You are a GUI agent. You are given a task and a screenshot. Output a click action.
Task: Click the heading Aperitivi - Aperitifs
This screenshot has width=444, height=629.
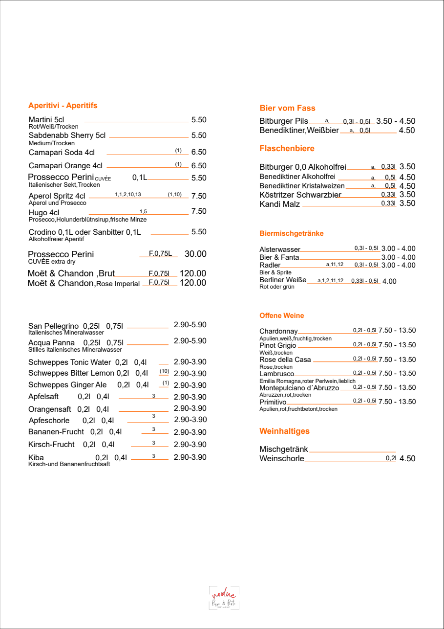pos(63,106)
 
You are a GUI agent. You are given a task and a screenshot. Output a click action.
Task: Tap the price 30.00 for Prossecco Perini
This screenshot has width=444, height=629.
pos(195,254)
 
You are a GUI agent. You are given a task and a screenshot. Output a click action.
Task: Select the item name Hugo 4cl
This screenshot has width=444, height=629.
pos(44,213)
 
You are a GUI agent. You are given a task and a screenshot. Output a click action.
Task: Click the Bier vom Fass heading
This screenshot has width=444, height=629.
pos(287,108)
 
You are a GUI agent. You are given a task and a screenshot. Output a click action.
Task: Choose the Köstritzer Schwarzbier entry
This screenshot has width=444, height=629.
pos(300,195)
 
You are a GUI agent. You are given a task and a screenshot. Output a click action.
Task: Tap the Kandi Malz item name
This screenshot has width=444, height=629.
pos(279,204)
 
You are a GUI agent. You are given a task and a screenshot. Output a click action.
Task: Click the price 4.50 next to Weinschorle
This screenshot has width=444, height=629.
pos(407,459)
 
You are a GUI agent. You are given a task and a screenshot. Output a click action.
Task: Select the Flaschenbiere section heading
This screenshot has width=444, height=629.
pos(287,148)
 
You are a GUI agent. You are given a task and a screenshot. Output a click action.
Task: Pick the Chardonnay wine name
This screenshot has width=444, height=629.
pos(278,331)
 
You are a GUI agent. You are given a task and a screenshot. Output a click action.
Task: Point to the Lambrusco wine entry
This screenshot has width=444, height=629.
pos(276,374)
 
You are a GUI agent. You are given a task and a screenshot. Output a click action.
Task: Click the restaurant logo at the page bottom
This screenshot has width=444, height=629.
pos(224,598)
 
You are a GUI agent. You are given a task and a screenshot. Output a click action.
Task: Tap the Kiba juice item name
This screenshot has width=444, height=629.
pos(36,458)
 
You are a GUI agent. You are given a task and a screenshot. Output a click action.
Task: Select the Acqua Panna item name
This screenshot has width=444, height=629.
pos(51,343)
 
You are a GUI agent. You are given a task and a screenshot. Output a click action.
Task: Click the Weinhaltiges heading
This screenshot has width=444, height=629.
pos(284,431)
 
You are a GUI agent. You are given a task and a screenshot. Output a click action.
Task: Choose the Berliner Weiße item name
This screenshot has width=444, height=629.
pos(283,280)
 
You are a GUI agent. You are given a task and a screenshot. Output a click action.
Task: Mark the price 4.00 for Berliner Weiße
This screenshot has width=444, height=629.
pos(389,281)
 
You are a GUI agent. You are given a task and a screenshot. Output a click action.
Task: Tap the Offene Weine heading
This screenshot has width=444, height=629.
pos(281,315)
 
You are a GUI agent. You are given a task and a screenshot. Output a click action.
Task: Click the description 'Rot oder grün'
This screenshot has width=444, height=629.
pos(276,287)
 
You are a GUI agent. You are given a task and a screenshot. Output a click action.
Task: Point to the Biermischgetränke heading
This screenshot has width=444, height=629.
pos(291,233)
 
